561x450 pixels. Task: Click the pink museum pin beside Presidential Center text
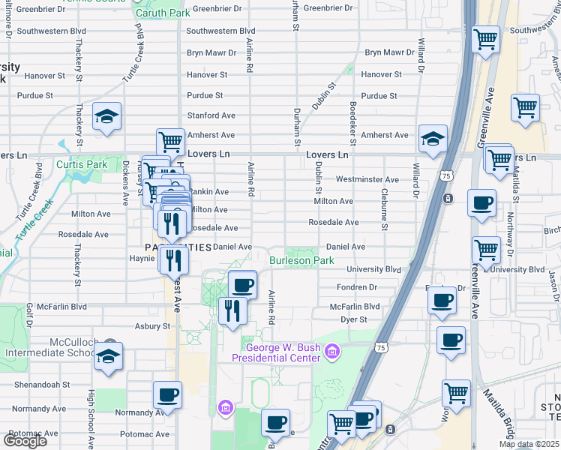click(x=332, y=351)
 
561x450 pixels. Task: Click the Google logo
click(x=25, y=441)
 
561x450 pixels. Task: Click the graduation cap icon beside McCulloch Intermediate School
click(x=109, y=357)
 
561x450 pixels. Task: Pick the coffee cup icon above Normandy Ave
click(x=167, y=394)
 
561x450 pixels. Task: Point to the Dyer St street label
click(x=353, y=319)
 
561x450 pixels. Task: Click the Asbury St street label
click(x=152, y=326)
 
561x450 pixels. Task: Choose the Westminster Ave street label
click(x=367, y=180)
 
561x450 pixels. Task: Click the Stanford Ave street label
click(x=211, y=115)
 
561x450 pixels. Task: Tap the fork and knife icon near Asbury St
click(x=232, y=309)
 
